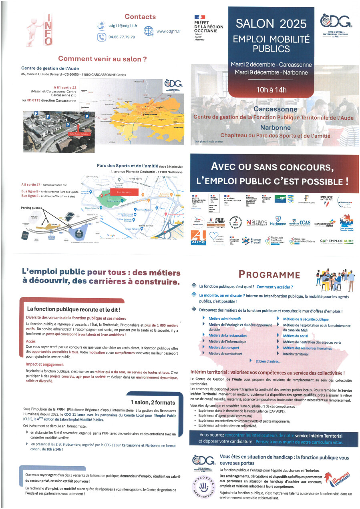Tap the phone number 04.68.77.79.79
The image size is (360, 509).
click(x=122, y=37)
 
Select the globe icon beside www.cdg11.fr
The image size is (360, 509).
click(x=149, y=31)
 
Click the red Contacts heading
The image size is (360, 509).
click(x=140, y=16)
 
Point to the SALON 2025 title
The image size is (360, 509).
click(x=266, y=24)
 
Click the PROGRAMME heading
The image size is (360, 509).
click(x=269, y=275)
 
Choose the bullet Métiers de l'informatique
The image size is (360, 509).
click(x=227, y=341)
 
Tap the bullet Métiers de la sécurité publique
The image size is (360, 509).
click(x=306, y=319)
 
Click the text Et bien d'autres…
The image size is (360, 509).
click(x=268, y=361)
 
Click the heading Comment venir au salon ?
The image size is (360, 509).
click(x=103, y=59)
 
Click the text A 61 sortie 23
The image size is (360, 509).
click(x=65, y=87)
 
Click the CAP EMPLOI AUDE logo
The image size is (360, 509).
click(x=337, y=241)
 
